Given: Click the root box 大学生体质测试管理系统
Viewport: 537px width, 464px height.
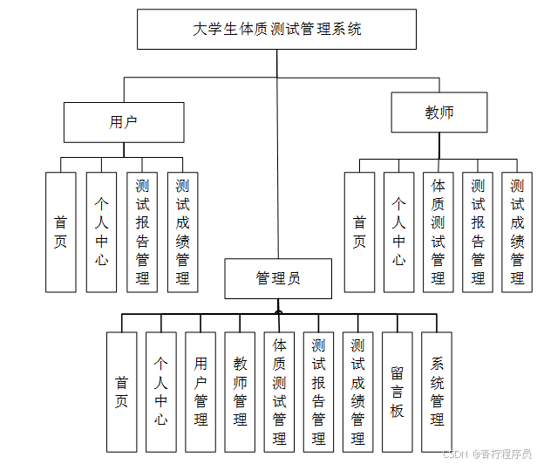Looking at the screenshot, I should (277, 30).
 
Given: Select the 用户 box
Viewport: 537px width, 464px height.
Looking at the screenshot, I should (124, 122).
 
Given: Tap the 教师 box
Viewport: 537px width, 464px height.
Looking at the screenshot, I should (438, 113).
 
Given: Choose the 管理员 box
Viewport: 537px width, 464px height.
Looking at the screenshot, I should (278, 279).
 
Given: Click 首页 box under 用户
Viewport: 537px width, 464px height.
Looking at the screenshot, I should (60, 231).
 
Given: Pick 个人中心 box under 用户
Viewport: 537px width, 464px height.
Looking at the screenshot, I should (101, 231).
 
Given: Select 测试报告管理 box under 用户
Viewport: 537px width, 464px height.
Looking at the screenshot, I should (142, 231).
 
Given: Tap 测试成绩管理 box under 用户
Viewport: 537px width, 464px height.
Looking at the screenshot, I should (182, 231).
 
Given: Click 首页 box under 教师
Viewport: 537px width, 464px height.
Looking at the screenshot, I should (359, 231).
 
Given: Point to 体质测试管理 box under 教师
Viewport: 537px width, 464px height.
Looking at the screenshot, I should (438, 231).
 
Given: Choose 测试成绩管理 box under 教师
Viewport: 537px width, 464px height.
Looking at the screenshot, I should (517, 231).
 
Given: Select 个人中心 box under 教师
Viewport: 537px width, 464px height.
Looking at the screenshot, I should (398, 231).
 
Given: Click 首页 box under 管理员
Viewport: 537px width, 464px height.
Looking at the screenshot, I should (121, 392).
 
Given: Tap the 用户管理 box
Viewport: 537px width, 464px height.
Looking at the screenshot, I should (201, 392).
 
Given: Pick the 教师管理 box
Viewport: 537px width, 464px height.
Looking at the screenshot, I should (240, 392).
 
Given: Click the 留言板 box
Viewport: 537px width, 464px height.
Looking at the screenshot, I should (397, 392).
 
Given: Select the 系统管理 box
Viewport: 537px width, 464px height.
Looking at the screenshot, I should (437, 392).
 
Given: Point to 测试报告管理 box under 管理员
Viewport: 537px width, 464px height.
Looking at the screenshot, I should (318, 392).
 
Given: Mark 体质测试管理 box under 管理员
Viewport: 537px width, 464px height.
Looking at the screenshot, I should (279, 392).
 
